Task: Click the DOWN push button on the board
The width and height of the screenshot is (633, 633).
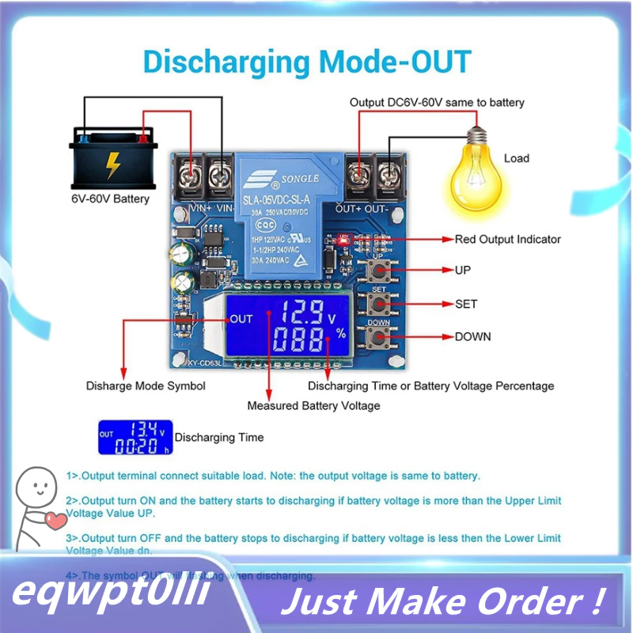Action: pos(377,338)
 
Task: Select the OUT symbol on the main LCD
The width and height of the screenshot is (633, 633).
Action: pos(241,319)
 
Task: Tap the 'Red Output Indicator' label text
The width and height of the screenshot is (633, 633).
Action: pos(507,239)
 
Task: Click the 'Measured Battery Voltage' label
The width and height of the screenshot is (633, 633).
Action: pos(313,406)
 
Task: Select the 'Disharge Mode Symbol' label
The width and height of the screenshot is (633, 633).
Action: pos(146,386)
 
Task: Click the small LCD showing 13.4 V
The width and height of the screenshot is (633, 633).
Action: pos(135,438)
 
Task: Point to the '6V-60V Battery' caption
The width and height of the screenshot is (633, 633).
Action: pos(109,199)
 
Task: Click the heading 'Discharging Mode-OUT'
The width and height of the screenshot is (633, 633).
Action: pos(306,62)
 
